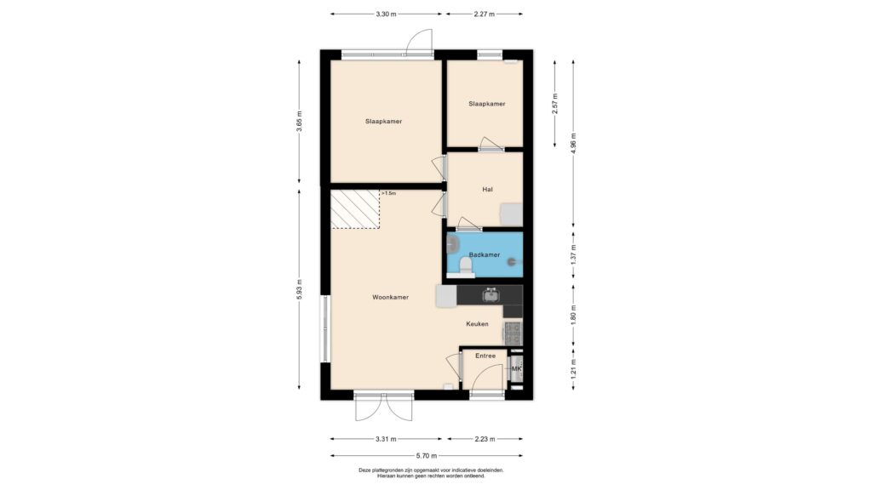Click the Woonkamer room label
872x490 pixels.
pyautogui.click(x=390, y=297)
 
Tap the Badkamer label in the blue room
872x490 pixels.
pyautogui.click(x=485, y=255)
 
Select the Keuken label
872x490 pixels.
pyautogui.click(x=477, y=324)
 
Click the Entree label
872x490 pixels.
pyautogui.click(x=485, y=356)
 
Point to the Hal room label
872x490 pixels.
pyautogui.click(x=488, y=190)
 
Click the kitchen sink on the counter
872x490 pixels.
pyautogui.click(x=490, y=295)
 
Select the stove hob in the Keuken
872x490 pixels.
pyautogui.click(x=513, y=333)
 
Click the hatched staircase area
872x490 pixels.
pyautogui.click(x=355, y=209)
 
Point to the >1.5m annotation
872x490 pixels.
pyautogui.click(x=388, y=193)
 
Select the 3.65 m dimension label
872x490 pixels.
pyautogui.click(x=299, y=122)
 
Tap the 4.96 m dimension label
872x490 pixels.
pyautogui.click(x=574, y=143)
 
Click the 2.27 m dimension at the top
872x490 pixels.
pyautogui.click(x=484, y=14)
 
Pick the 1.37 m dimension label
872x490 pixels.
pyautogui.click(x=574, y=254)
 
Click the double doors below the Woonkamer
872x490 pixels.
pyautogui.click(x=384, y=407)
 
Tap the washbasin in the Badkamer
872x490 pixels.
pyautogui.click(x=453, y=243)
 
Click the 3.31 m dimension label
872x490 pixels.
pyautogui.click(x=386, y=439)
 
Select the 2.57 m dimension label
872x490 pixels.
pyautogui.click(x=554, y=104)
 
